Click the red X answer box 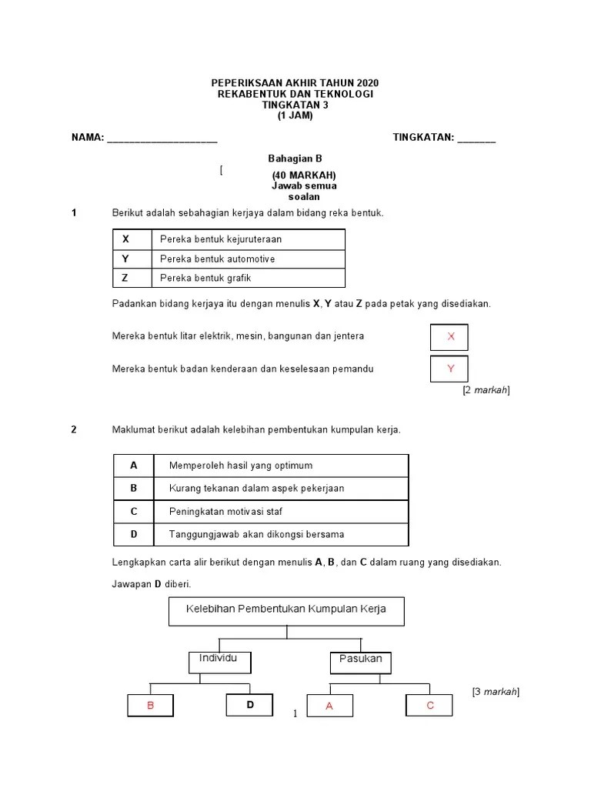tap(449, 337)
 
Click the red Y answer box tap(449, 369)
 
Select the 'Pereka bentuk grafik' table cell tap(249, 278)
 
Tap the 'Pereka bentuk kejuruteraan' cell tap(249, 239)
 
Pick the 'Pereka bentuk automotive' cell tap(249, 259)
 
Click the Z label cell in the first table tap(132, 278)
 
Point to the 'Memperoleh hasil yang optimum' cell tap(281, 466)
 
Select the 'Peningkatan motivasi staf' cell tap(281, 512)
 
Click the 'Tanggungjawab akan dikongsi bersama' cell tap(281, 534)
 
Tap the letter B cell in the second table tap(134, 489)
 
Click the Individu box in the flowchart tap(219, 663)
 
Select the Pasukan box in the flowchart tap(360, 663)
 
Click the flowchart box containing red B tap(150, 705)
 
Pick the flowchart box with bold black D tap(249, 705)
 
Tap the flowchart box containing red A tap(329, 706)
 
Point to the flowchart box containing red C tap(429, 705)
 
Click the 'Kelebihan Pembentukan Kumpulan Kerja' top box tap(286, 611)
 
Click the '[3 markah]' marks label tap(496, 692)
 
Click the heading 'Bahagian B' tap(295, 159)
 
